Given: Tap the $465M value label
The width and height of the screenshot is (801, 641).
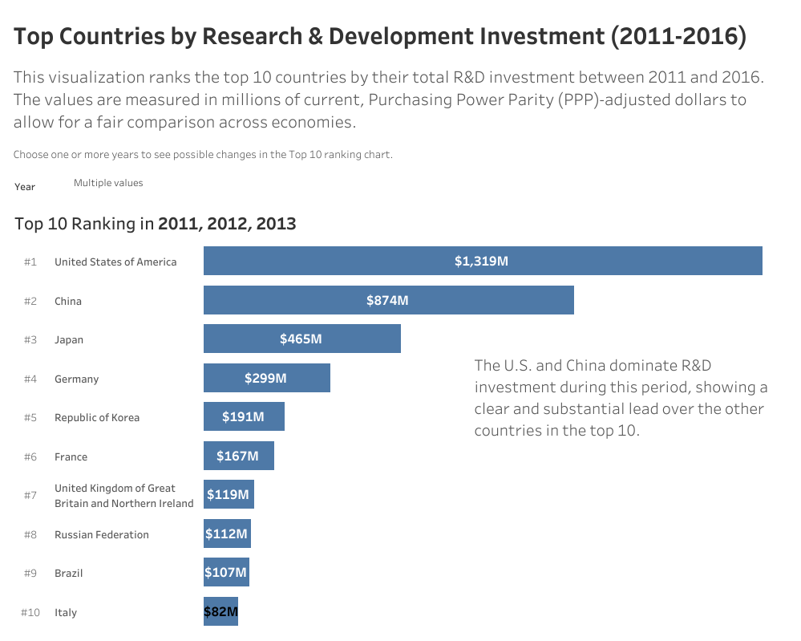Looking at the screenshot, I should coord(301,339).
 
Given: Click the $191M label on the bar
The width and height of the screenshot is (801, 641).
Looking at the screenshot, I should coord(243,417).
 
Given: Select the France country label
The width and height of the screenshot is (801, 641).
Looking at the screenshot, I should coord(71,456).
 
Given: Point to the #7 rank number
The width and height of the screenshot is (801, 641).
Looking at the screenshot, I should coord(30,495).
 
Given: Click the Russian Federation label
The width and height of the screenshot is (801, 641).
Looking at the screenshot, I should coord(101,534).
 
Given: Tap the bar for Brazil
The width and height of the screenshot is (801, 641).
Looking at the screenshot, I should coord(226,573).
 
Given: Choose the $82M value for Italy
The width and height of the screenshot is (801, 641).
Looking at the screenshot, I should coord(221,612).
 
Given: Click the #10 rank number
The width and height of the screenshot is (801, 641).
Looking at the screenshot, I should coord(30,612).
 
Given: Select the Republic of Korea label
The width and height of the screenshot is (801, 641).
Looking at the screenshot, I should coord(96,417).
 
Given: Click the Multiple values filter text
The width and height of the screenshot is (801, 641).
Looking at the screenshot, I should coord(108,183).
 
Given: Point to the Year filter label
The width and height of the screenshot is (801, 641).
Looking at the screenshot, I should coord(25,186).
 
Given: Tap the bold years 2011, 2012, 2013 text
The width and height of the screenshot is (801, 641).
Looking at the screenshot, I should coord(227,224).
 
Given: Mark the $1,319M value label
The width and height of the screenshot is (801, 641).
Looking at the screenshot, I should coord(481,261).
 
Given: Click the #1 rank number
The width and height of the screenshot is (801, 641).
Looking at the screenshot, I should coord(30,262).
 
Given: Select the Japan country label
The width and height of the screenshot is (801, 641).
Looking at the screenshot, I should coord(68,339).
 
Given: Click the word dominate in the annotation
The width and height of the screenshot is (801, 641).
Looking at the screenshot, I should coord(641,365).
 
